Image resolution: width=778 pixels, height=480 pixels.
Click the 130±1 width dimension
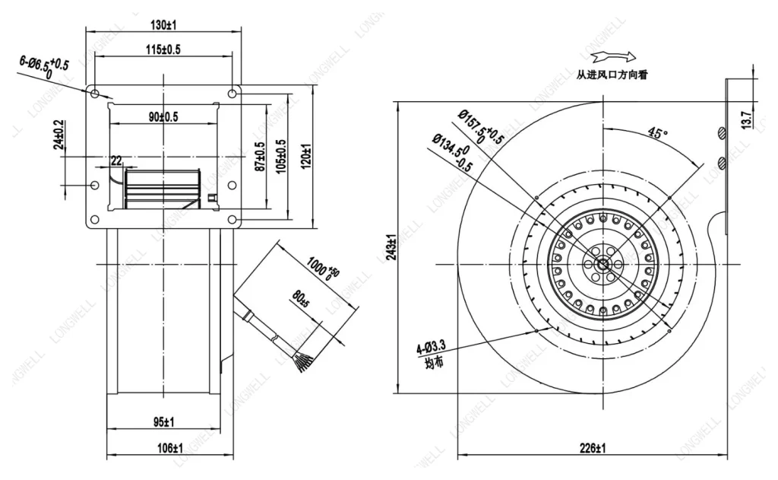click(163, 24)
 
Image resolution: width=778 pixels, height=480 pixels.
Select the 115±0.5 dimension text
click(163, 49)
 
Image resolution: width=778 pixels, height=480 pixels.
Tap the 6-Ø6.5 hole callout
click(43, 67)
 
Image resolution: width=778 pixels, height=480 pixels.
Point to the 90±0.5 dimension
click(163, 117)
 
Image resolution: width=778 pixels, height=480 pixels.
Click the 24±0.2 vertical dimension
click(59, 134)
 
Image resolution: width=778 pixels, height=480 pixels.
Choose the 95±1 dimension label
click(163, 423)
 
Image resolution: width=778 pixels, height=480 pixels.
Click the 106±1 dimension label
click(170, 449)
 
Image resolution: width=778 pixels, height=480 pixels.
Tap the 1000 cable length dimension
click(323, 269)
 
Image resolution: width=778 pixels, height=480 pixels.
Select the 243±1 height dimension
click(391, 247)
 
